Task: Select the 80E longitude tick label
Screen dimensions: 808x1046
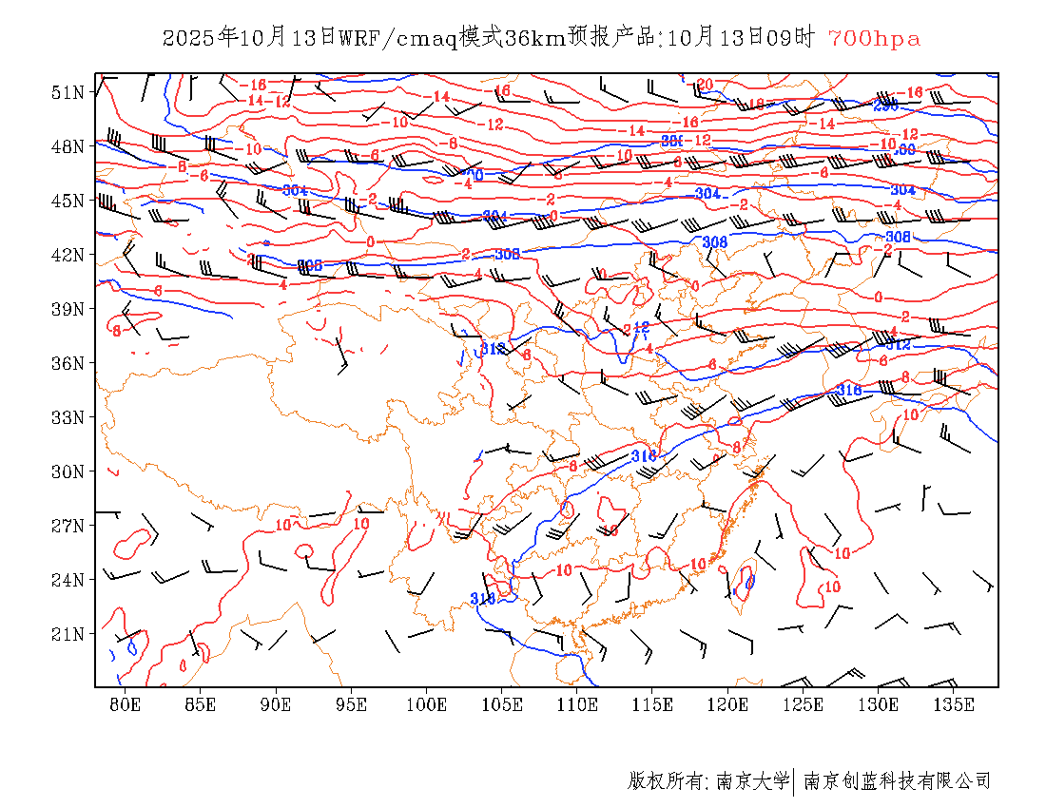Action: click(126, 704)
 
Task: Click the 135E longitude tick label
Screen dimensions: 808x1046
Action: click(954, 704)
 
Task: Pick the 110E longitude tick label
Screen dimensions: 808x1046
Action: click(577, 704)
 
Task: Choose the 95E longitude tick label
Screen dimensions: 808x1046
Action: click(351, 704)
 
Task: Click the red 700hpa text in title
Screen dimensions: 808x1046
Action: click(874, 39)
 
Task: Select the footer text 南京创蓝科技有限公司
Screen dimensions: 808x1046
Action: click(898, 781)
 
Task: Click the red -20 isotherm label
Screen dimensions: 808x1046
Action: click(703, 85)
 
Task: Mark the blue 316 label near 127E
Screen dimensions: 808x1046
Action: click(849, 390)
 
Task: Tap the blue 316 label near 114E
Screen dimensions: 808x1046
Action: click(645, 456)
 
